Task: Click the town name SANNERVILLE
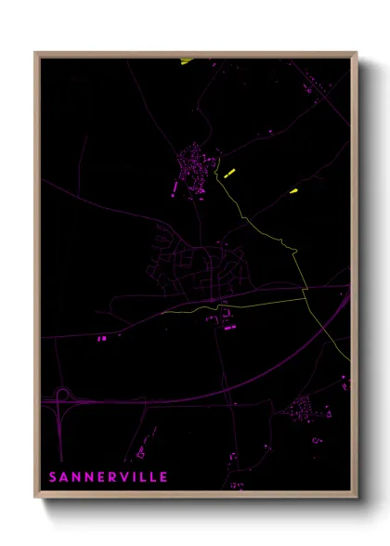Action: tap(108, 477)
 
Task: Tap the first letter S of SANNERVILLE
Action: tap(53, 477)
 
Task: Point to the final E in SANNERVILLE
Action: tap(163, 477)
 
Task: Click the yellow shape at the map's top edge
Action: tap(187, 61)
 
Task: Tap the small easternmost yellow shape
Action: tap(293, 190)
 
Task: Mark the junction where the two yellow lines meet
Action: tap(305, 295)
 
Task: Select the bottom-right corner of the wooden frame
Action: tap(356, 498)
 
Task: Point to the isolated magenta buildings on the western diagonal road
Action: tap(101, 339)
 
